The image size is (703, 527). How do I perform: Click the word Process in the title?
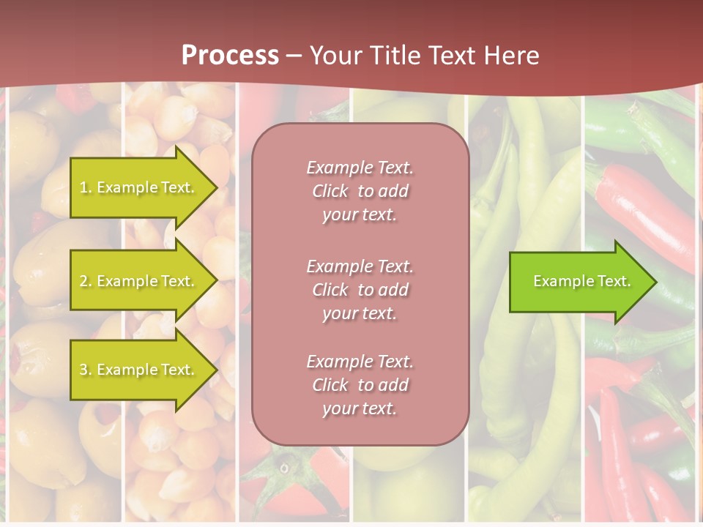(x=230, y=56)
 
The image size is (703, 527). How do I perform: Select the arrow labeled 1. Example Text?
(x=139, y=187)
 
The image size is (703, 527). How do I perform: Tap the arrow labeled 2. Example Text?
(x=139, y=281)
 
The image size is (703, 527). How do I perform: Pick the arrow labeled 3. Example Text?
(x=139, y=370)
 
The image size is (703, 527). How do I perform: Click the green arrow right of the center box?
(x=579, y=281)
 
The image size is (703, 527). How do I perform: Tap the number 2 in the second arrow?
(x=83, y=281)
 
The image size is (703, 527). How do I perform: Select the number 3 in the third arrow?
(x=83, y=370)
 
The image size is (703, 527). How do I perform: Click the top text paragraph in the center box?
(x=360, y=191)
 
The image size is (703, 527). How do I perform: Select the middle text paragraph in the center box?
(x=360, y=290)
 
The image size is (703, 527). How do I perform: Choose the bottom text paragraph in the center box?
(x=360, y=385)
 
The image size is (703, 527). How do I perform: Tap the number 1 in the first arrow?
(x=83, y=187)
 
